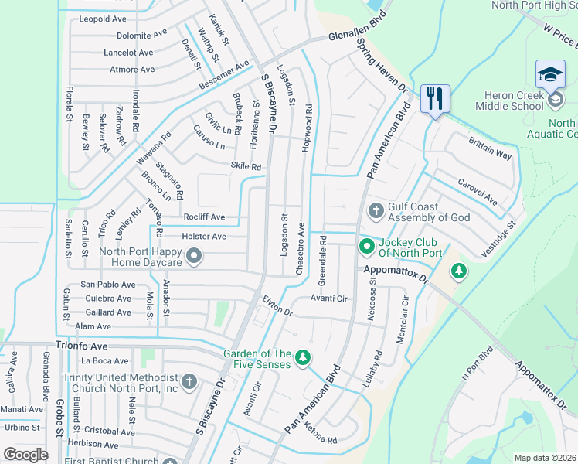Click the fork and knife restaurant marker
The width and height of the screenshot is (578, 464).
[434, 99]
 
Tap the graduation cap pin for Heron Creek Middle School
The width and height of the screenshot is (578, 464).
[550, 75]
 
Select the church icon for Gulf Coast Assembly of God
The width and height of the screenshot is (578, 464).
[376, 211]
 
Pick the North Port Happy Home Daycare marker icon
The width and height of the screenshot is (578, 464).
[194, 256]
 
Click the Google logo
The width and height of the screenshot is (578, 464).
[25, 454]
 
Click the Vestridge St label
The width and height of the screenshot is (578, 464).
[497, 241]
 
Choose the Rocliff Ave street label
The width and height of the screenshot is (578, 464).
[204, 217]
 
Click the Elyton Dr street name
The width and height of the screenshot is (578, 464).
[277, 306]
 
